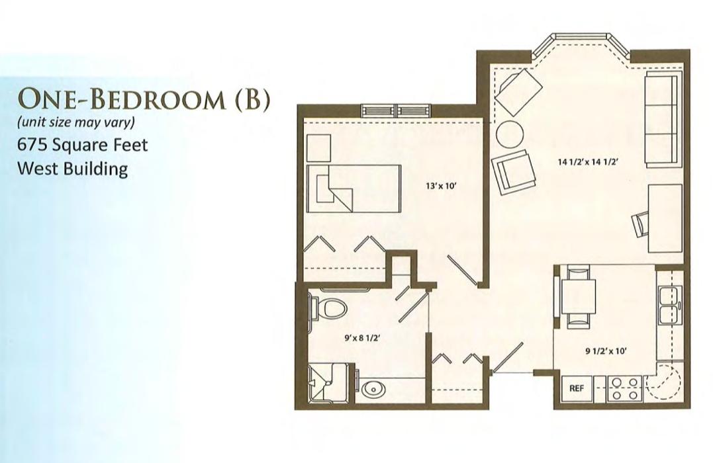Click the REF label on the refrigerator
click(576, 388)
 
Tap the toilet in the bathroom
click(328, 308)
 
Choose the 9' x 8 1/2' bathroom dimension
click(362, 337)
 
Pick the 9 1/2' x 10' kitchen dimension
click(606, 351)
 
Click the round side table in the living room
click(510, 134)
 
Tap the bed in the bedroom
click(354, 189)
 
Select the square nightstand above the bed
click(318, 148)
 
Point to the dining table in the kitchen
click(579, 296)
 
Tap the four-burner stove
click(624, 388)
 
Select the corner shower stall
click(329, 382)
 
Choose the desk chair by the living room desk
click(641, 224)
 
